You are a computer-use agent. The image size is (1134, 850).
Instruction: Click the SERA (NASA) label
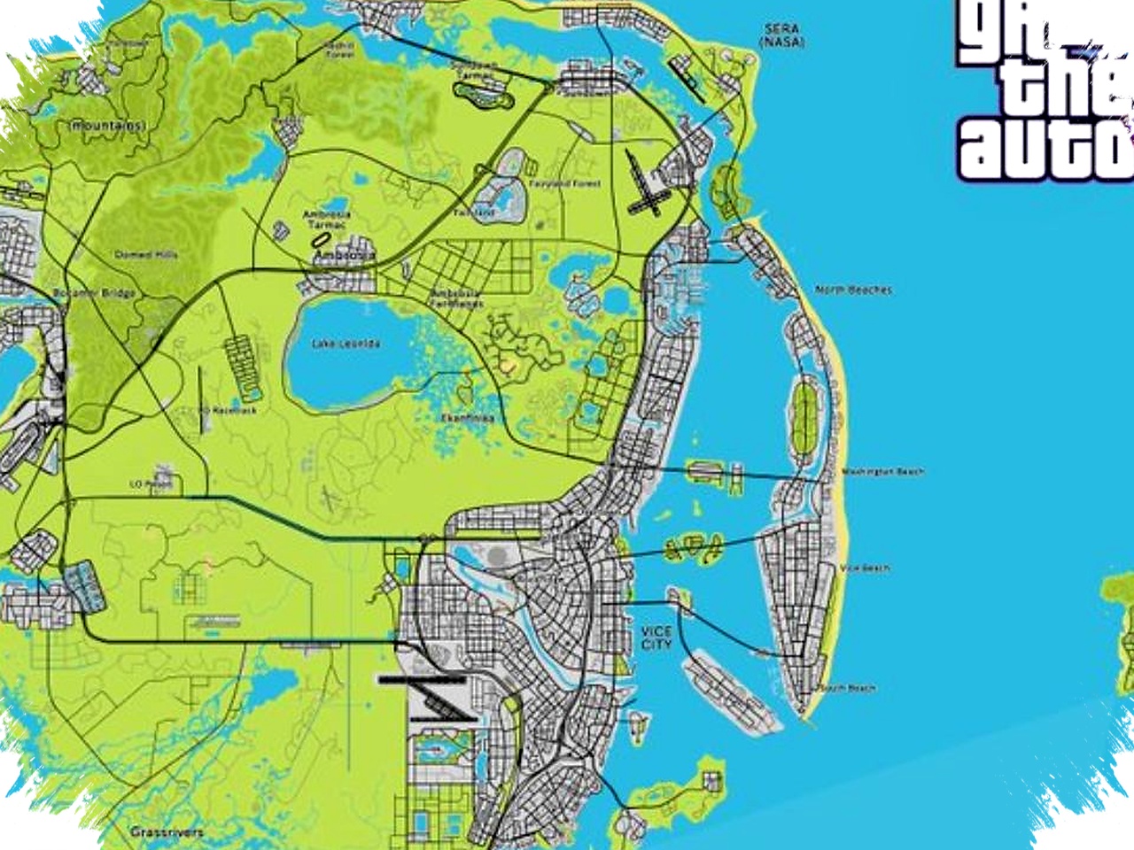pos(782,35)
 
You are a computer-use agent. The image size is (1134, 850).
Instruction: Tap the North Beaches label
pos(853,290)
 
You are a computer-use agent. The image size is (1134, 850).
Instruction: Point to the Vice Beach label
pos(865,568)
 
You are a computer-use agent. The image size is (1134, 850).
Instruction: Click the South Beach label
pos(848,688)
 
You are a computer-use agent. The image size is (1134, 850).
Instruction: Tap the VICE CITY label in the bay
pos(656,637)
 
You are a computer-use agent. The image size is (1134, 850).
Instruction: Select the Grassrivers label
pos(167,832)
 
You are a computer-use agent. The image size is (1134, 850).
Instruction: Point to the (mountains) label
pos(106,126)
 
